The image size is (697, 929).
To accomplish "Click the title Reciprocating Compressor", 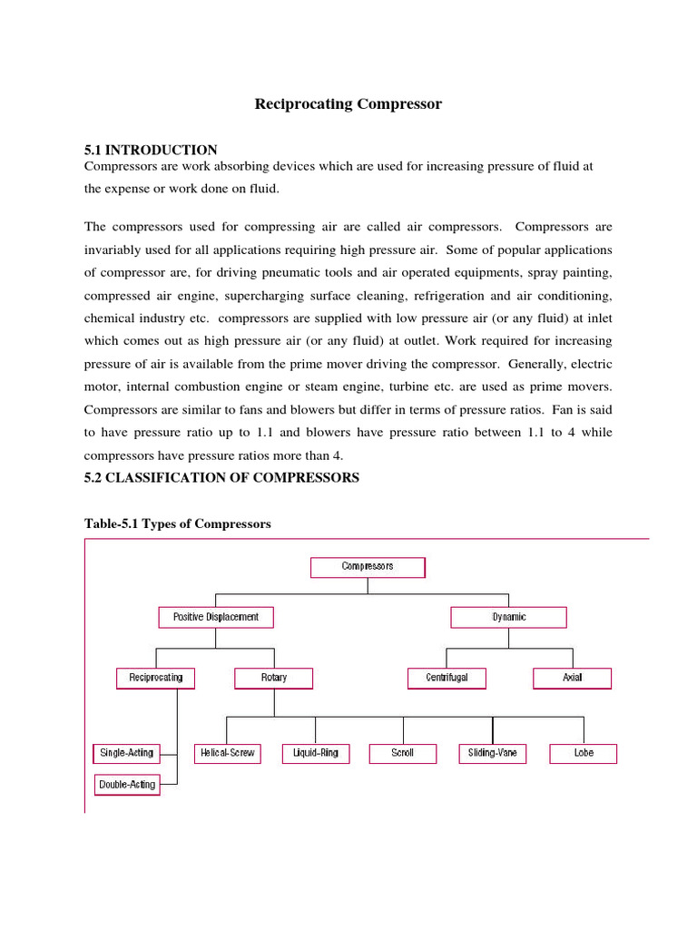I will [x=348, y=104].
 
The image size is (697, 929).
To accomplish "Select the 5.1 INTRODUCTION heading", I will [x=151, y=150].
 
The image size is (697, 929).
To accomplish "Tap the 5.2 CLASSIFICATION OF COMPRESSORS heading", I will [x=221, y=478].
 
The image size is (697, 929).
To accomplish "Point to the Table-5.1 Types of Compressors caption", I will [x=177, y=524].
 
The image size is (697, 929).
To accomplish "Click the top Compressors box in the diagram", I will [x=368, y=567].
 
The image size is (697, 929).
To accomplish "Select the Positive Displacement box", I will [x=216, y=617].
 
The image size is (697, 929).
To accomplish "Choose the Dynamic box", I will [x=509, y=617].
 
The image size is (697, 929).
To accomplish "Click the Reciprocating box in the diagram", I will [x=156, y=678].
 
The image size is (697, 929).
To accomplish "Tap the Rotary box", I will [x=274, y=678].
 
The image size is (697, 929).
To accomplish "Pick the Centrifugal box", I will [x=446, y=678].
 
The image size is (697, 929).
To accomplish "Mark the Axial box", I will [x=572, y=678].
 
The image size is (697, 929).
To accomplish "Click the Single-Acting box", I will [x=126, y=753].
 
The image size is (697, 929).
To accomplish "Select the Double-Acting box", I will [x=127, y=785].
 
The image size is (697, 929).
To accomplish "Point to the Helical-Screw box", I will [x=227, y=753].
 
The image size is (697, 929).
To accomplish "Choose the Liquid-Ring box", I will [x=316, y=753].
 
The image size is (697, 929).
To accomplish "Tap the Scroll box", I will [x=402, y=753].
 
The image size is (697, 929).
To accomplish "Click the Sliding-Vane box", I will [x=493, y=753].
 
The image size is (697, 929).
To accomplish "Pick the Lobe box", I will [x=584, y=753].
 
